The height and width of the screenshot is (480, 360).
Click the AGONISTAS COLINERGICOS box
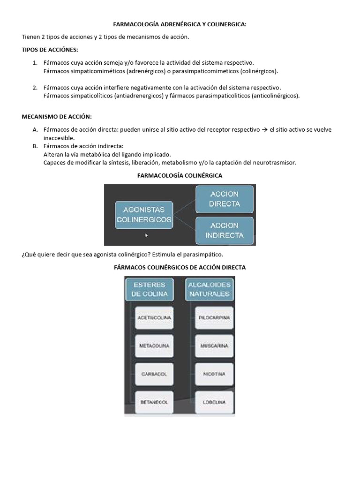tap(143, 215)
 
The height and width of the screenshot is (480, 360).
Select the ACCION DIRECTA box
tap(225, 199)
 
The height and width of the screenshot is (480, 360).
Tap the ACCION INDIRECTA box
tap(225, 230)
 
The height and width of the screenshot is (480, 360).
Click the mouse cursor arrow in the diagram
tap(146, 235)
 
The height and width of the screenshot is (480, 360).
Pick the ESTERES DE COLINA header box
tap(149, 289)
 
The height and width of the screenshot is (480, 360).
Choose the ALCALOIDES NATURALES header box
tap(209, 289)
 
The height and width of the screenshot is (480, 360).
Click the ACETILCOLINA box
tap(154, 318)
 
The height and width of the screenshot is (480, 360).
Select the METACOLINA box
tap(154, 346)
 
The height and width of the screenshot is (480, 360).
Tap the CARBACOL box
tap(154, 374)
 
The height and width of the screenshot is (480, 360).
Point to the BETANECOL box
tap(154, 402)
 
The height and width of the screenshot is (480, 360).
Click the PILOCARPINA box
tap(214, 318)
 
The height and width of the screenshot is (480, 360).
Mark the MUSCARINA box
tap(214, 346)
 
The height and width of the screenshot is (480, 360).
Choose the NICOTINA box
tap(214, 374)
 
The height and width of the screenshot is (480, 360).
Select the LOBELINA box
tap(214, 402)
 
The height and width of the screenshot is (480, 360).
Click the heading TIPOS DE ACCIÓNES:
tap(50, 50)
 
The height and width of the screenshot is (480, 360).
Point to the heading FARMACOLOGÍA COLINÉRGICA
tap(180, 175)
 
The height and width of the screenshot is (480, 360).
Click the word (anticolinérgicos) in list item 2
tap(275, 96)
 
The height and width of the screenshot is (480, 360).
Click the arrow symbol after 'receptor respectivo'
tap(264, 130)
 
